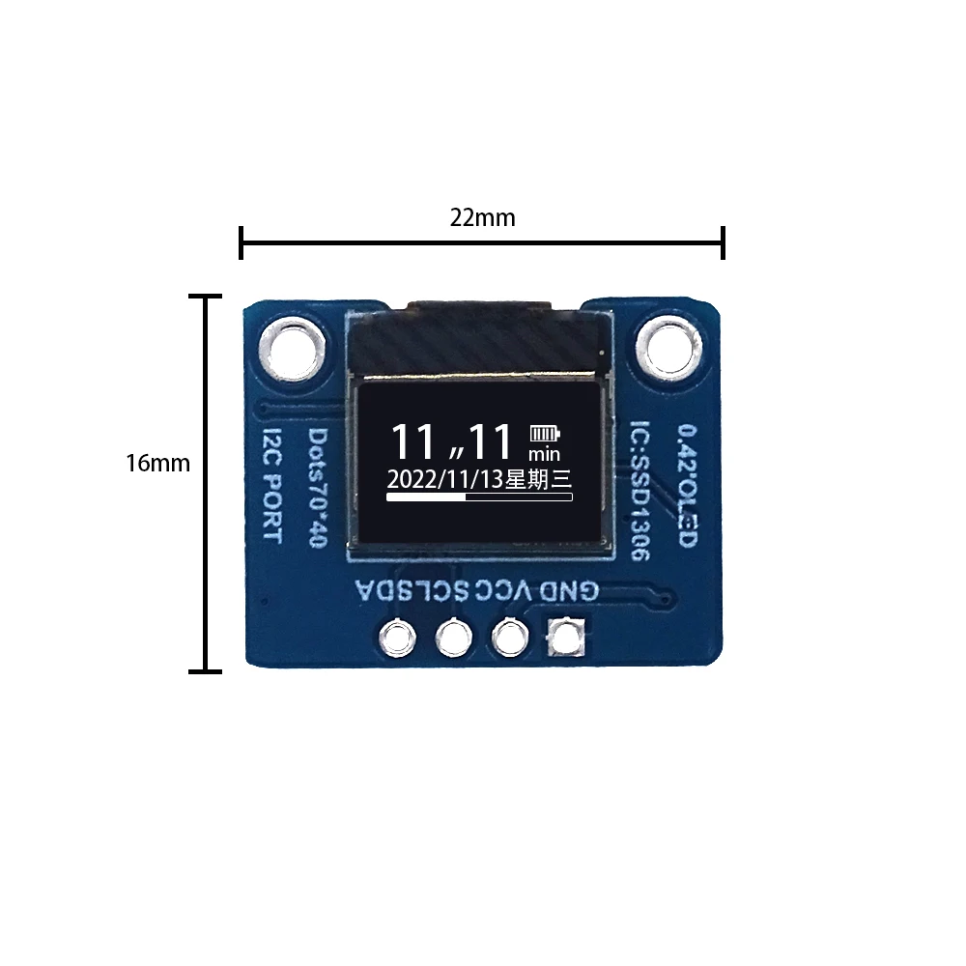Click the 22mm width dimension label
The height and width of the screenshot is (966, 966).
point(482,217)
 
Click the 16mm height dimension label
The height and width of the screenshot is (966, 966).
point(157,463)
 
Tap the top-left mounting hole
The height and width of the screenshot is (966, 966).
point(293,346)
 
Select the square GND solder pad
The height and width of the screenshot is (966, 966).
point(566,637)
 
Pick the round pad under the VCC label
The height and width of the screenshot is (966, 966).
point(509,637)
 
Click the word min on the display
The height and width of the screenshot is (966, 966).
point(545,453)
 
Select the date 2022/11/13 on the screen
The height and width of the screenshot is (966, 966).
point(445,479)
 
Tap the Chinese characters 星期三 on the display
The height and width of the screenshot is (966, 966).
point(541,479)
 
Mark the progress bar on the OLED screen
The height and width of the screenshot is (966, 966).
point(479,497)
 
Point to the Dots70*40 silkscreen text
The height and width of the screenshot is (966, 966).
point(316,489)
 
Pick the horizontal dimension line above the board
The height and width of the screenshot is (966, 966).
point(482,242)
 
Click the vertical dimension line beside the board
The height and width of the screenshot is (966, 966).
point(205,483)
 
